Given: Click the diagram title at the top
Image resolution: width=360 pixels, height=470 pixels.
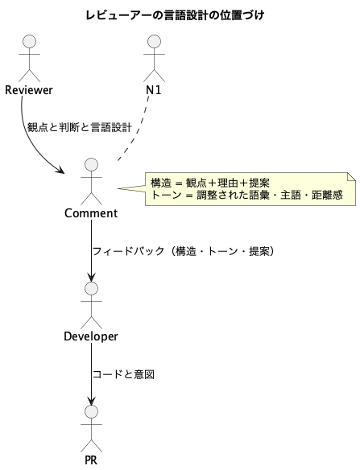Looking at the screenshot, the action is [175, 15].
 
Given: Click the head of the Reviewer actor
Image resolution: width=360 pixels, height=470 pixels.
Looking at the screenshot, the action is [30, 41].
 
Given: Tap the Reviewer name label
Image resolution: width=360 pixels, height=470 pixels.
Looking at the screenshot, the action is [29, 90].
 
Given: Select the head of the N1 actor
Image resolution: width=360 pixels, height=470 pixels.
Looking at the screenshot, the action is [154, 41].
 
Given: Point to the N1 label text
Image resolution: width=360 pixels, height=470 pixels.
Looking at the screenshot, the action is [154, 90].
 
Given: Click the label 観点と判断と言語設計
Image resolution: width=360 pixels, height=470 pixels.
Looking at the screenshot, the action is [80, 127].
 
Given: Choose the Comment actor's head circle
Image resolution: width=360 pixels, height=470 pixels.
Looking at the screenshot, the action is [92, 164].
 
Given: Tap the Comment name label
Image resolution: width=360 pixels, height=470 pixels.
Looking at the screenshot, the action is [91, 213].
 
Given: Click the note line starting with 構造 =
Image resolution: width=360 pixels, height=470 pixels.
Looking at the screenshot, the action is [210, 183].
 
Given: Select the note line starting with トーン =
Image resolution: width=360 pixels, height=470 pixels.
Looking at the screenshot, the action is [246, 195].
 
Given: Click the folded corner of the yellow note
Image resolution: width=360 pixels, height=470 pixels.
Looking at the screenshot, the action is [352, 176].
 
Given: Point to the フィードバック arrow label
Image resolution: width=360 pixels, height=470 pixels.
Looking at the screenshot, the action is [184, 251].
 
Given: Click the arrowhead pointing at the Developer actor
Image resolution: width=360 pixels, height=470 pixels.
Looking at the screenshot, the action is [92, 278].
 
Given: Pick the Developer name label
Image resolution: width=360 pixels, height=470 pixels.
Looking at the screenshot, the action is [91, 336].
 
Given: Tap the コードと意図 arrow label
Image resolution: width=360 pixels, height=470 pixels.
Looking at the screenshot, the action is [123, 374].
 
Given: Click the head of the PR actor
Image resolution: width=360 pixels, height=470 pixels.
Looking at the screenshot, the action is [92, 412].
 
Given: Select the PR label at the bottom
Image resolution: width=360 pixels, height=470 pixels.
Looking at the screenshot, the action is [91, 460].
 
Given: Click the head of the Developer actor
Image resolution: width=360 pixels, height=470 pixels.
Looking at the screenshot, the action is [92, 288].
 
